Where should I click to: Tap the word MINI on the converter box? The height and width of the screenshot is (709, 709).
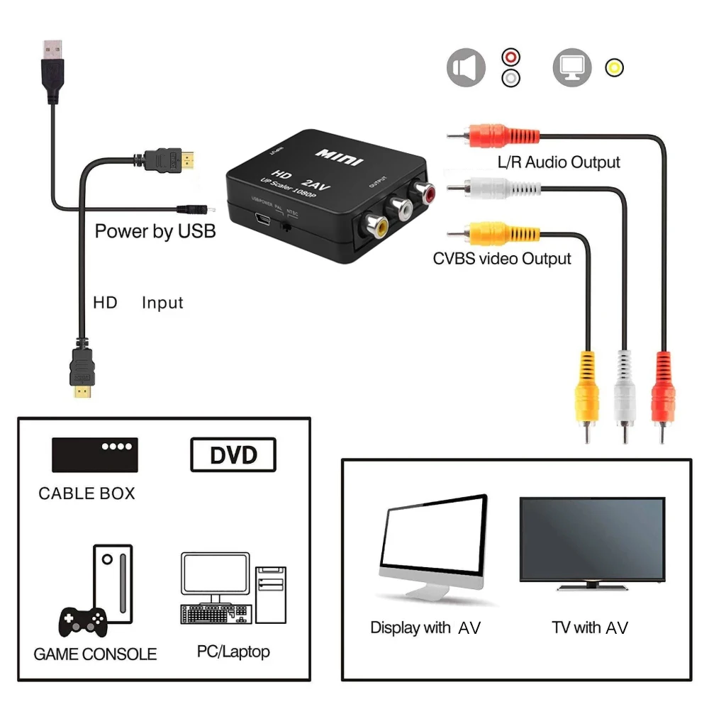click(339, 156)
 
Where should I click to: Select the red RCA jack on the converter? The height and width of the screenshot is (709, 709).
click(425, 191)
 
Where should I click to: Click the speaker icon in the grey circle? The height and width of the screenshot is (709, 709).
click(466, 68)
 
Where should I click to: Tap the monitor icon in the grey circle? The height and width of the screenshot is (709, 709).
click(571, 68)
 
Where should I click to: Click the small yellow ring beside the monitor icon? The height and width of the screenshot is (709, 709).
click(614, 68)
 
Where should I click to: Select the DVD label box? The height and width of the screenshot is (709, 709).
click(233, 454)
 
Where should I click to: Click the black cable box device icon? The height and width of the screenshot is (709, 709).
click(94, 454)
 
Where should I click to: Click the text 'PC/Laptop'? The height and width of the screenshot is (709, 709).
click(233, 651)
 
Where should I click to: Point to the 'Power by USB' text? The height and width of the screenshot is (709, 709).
click(155, 231)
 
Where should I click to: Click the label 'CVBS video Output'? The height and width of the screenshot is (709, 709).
click(502, 259)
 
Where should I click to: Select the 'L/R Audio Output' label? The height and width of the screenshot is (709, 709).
click(559, 162)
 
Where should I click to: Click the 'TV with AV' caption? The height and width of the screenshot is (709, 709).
click(590, 627)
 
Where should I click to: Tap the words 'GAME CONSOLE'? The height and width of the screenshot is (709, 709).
click(95, 654)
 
